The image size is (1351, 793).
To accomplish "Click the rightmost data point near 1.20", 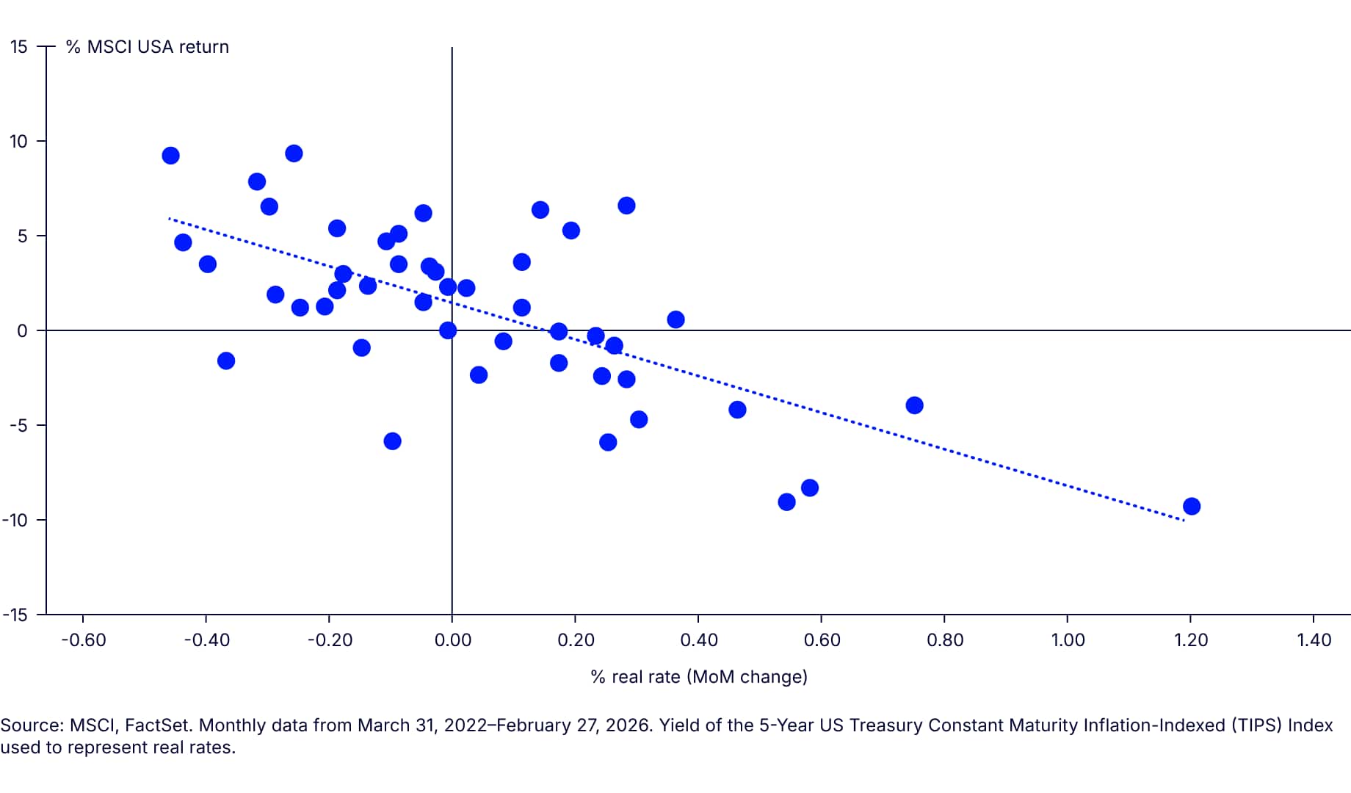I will (1192, 506).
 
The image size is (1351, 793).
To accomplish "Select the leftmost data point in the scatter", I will (170, 156).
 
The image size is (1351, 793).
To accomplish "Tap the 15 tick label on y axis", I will (18, 47).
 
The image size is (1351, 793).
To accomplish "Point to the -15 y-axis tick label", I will (15, 615).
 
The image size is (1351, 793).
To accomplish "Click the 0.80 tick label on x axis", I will (945, 640).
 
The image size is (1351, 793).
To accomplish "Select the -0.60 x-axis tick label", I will (83, 640).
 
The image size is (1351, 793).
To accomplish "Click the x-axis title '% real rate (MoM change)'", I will (699, 676).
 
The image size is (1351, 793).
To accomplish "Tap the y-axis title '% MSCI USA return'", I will (148, 47).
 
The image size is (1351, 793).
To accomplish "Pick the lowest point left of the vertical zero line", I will (392, 441).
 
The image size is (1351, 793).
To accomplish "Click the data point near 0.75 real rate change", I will (914, 405).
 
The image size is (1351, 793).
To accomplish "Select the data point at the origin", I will (448, 330).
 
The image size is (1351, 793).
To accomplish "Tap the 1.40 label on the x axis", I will (1314, 640).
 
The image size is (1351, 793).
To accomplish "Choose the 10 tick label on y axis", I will (18, 141).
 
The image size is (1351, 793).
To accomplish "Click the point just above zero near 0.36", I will (675, 319).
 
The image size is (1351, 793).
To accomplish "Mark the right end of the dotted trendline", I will (1183, 521).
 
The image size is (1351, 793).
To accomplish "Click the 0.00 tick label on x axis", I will (452, 640).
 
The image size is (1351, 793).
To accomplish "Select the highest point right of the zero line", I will (626, 206).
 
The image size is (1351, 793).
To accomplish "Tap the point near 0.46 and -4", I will (737, 410).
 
